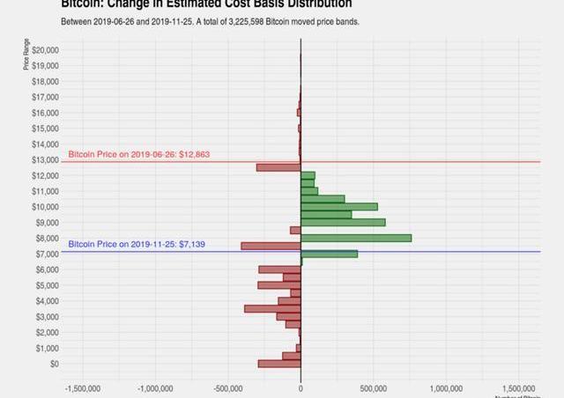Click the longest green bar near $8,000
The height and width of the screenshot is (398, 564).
356,238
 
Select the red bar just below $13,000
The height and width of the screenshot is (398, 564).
278,167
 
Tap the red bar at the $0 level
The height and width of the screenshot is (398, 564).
279,364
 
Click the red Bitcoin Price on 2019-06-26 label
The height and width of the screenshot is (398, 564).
139,154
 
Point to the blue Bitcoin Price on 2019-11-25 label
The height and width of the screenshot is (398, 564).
137,244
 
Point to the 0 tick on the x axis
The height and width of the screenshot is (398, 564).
301,387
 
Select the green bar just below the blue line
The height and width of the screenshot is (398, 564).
329,254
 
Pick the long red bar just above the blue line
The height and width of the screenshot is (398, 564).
271,246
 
